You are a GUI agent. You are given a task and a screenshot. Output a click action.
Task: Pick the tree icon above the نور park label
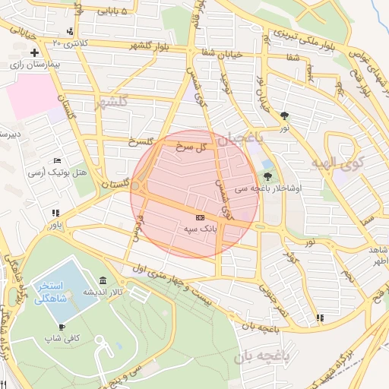(x=285, y=115)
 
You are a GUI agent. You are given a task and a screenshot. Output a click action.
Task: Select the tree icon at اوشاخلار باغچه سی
(x=267, y=176)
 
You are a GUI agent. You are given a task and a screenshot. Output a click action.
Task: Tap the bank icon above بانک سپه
(x=200, y=217)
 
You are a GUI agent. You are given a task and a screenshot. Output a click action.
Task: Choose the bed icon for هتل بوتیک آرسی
(x=58, y=161)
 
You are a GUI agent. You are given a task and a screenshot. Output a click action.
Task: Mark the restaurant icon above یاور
(x=55, y=213)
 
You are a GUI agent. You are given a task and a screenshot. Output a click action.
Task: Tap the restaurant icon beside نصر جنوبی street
(x=320, y=317)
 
